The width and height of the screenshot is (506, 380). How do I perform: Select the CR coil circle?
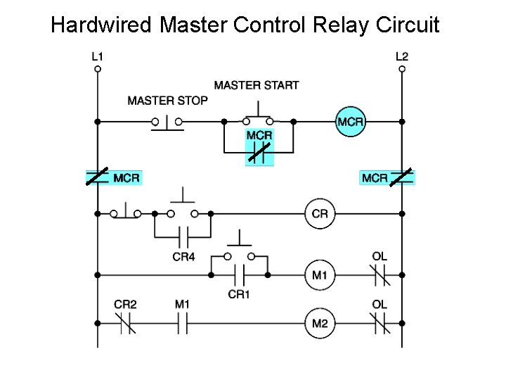click(319, 214)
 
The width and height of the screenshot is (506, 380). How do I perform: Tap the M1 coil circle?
click(319, 274)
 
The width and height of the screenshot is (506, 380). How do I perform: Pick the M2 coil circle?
click(319, 324)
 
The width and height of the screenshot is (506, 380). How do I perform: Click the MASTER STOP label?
click(167, 101)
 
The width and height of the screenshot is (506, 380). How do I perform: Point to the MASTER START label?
click(257, 85)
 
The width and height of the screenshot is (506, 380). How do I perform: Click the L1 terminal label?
click(97, 56)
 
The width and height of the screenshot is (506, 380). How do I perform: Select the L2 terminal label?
click(402, 56)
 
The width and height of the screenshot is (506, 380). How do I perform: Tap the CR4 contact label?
click(183, 257)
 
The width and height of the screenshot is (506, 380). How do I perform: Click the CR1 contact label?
click(239, 294)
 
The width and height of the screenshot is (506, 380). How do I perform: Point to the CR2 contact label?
click(125, 304)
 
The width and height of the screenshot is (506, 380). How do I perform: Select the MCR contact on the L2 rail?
click(401, 177)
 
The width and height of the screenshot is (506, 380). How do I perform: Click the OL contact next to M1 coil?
click(379, 274)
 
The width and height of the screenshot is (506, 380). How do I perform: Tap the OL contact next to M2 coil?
click(379, 324)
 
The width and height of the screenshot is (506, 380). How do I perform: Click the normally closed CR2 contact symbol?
click(125, 324)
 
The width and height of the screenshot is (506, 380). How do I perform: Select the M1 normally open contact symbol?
click(183, 324)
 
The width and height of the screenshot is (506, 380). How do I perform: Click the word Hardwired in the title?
click(101, 25)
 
